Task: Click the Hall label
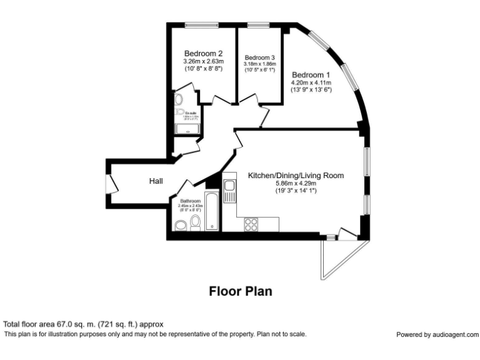coord(156,181)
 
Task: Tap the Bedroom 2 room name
coord(203,53)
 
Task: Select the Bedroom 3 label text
coord(259,57)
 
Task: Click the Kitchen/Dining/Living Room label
coord(296,176)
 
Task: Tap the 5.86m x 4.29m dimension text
coord(296,184)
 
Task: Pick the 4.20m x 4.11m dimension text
coord(311,82)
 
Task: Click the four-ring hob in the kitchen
coord(252,223)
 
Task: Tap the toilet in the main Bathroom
coord(195,222)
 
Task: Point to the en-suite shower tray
coord(187,129)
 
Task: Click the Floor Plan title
coord(240,291)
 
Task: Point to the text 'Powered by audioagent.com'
coord(437,334)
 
